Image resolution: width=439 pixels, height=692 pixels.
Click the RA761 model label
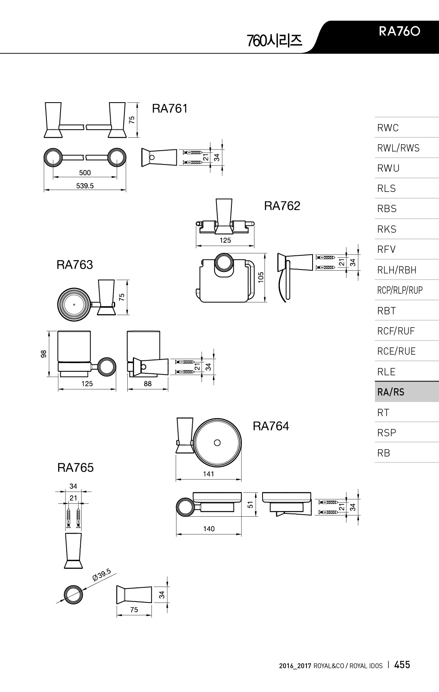[x=170, y=109]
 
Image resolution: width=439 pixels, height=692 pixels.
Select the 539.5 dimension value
[x=85, y=186]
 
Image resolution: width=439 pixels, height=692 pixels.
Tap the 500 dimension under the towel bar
[x=85, y=172]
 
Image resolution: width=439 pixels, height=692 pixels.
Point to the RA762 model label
[x=282, y=206]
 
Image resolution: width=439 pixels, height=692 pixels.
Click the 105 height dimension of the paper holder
[x=261, y=277]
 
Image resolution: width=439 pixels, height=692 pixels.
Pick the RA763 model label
[x=75, y=265]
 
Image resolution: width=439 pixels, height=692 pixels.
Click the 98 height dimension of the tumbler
[x=44, y=353]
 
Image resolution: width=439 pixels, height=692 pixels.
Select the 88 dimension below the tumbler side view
[x=148, y=384]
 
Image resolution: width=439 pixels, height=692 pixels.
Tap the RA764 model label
[x=271, y=426]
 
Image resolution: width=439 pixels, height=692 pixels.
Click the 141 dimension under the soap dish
[x=208, y=474]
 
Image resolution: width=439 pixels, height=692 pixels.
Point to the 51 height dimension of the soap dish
[x=250, y=505]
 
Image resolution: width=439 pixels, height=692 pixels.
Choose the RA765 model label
[x=76, y=468]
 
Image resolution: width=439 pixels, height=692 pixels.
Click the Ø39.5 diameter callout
[x=101, y=575]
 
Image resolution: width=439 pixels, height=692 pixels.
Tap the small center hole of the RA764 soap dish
[x=217, y=443]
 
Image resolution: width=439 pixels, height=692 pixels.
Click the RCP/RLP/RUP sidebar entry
[x=400, y=290]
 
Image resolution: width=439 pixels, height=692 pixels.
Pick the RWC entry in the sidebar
[x=388, y=128]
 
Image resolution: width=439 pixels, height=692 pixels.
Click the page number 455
[x=402, y=665]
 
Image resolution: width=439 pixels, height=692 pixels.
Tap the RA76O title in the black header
[x=399, y=32]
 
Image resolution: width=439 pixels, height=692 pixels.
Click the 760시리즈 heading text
[x=274, y=40]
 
